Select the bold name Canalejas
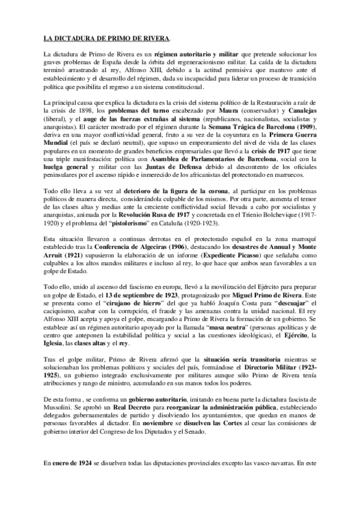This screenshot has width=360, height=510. point(296,112)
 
